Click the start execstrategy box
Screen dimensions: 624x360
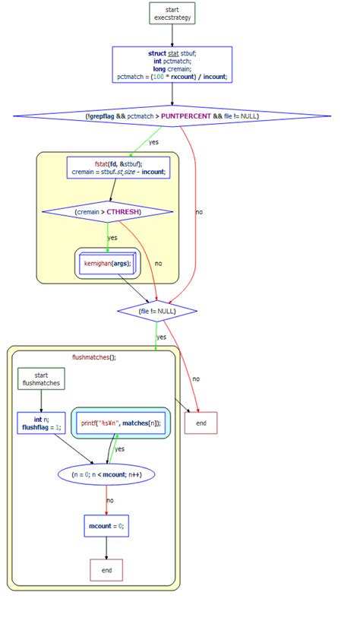pos(172,13)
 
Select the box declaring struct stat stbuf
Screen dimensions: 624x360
pos(172,65)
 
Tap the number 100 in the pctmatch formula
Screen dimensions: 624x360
pos(159,77)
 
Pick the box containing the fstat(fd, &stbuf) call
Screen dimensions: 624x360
pos(119,168)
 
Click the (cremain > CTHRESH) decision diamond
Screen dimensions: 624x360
pos(108,211)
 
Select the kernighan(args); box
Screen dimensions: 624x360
pos(107,264)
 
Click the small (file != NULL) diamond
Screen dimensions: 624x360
pos(157,310)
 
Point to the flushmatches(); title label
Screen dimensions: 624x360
pos(94,356)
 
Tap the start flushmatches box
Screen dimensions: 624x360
pos(41,379)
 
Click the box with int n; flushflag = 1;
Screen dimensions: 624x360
pos(39,423)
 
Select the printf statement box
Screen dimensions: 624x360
pos(122,423)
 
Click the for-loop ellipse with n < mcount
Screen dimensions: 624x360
pos(106,474)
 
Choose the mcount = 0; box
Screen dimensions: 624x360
pos(106,525)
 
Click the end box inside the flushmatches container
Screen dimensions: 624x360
pos(106,570)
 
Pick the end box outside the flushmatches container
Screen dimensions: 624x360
pos(201,423)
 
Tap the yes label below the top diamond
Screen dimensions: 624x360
pos(153,142)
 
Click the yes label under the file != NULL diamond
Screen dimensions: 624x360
pos(162,337)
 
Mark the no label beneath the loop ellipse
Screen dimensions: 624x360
pos(111,500)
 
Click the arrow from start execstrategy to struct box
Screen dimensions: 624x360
pos(172,35)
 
